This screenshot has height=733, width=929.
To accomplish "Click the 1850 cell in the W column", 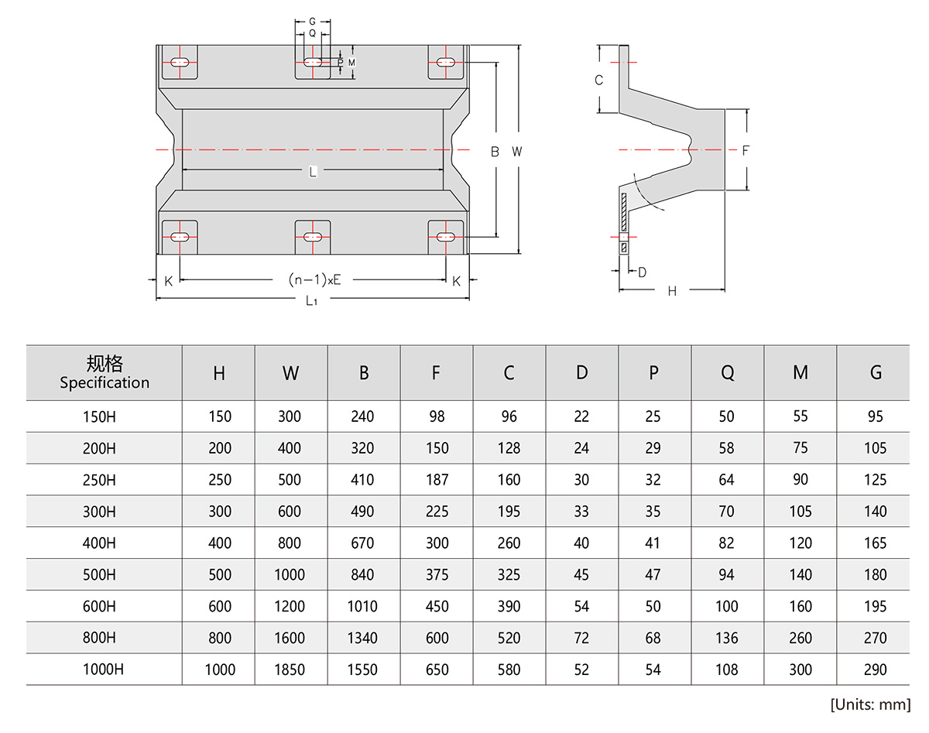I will [290, 670].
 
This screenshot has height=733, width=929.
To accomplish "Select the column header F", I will [436, 373].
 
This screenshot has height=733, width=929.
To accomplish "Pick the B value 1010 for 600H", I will [363, 607].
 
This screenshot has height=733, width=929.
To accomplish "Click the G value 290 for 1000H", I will [875, 670].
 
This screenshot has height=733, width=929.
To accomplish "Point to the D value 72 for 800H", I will [581, 639].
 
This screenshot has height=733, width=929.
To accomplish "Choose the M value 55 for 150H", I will [800, 416].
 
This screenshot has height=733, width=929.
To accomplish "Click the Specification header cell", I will [105, 372].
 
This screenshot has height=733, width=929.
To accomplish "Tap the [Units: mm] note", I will [870, 704].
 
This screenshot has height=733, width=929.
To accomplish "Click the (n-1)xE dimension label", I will [314, 279].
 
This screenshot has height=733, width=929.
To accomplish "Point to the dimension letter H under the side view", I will [672, 291].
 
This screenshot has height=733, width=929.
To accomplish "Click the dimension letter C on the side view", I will [598, 80].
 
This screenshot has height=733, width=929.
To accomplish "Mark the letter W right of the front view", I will [516, 152].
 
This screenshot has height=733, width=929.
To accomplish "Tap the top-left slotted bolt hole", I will [180, 62].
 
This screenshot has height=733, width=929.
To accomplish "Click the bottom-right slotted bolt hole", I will [446, 236].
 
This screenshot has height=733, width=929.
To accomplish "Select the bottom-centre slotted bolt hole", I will [313, 236].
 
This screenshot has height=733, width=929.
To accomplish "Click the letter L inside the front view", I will [313, 172].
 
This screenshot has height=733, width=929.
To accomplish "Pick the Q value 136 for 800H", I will [727, 639].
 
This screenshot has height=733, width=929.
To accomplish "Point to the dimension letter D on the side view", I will [642, 272].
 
